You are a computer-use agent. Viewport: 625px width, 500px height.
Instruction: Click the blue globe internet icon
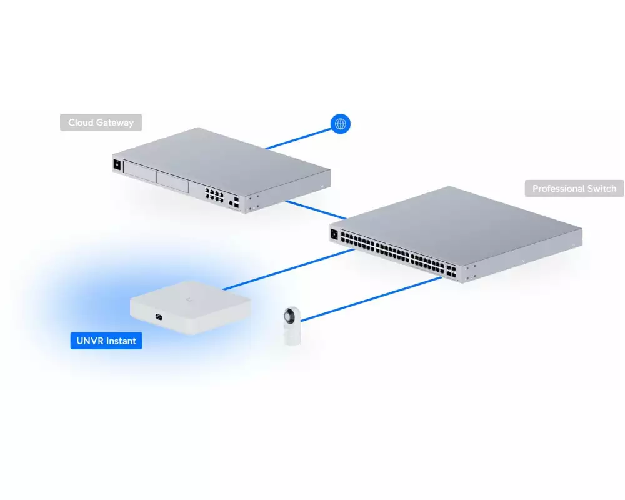341,124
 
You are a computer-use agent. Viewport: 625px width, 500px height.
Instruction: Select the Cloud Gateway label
101,122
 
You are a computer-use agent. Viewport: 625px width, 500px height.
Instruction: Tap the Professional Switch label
574,188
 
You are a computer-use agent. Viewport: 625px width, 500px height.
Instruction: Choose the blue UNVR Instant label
106,341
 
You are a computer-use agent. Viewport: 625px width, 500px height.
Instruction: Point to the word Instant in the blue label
121,341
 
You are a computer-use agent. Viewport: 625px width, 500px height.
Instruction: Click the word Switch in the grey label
601,188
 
